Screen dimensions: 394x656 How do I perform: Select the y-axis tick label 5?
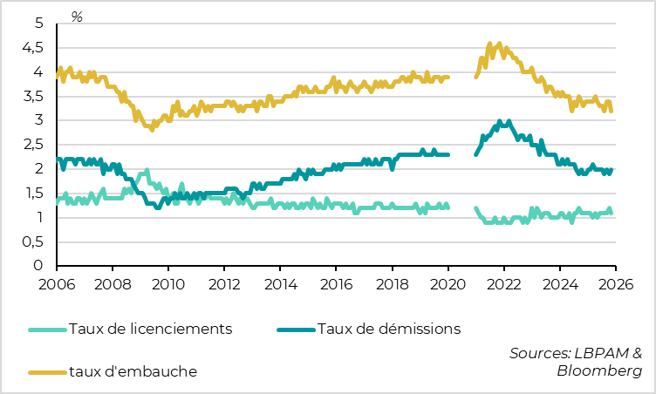pos(38,24)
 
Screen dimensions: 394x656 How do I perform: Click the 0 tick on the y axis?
pos(38,266)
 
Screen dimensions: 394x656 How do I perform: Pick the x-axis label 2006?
pos(57,283)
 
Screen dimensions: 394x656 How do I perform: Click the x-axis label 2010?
pos(168,283)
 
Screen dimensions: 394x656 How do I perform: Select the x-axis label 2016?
pos(336,283)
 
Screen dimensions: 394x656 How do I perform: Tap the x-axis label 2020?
pos(448,283)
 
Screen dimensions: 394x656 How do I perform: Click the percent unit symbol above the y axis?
pos(77,17)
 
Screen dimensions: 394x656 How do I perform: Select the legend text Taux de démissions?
pos(389,329)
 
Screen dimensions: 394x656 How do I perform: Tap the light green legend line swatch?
pos(47,329)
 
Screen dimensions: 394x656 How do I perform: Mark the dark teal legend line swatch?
pos(296,329)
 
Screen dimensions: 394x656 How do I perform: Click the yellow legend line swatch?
pos(47,372)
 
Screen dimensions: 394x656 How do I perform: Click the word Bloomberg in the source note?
pos(599,370)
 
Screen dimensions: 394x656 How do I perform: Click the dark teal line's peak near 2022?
pos(499,121)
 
